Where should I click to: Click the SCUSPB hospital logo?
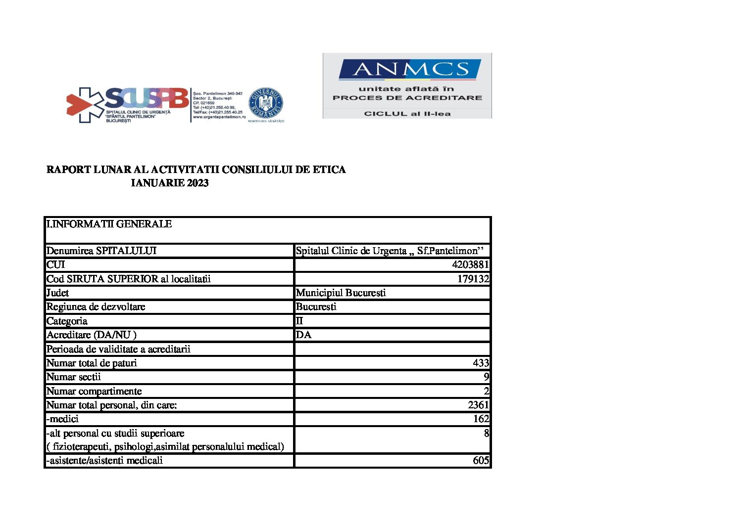pos(128,104)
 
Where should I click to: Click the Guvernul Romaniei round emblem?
pos(266,105)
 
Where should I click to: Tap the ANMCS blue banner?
pos(409,69)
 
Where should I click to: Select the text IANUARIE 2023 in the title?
pos(170,183)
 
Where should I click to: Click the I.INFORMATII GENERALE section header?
pos(109,224)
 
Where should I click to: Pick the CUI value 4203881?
pos(470,264)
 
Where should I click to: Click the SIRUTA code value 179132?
pos(473,279)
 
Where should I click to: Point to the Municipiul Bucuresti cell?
pos(341,293)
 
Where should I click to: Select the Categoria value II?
pos(299,321)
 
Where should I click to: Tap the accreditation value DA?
pos(303,335)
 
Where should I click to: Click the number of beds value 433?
pos(481,363)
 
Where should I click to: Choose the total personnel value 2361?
pos(478,405)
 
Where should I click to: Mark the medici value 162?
pos(481,419)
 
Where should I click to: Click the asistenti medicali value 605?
pos(481,460)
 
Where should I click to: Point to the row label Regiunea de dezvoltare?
pos(96,306)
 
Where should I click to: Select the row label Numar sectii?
pos(73,377)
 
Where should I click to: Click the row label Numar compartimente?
pos(94,391)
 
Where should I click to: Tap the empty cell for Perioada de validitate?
pos(392,349)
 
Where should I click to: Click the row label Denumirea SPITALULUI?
pos(101,251)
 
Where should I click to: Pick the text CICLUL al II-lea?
pos(407,114)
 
